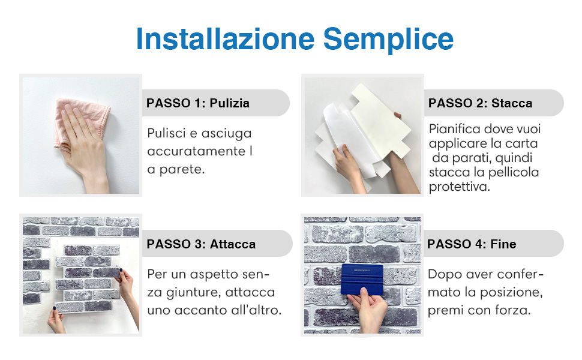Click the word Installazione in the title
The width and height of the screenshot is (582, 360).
pos(226,39)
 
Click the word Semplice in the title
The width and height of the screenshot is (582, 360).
pos(388,39)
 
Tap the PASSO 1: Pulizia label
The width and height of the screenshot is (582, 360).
pos(198,103)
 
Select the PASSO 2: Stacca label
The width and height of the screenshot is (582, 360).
pos(480,103)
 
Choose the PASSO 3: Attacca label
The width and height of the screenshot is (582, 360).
pos(201,244)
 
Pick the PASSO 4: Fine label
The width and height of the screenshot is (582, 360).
pos(472,244)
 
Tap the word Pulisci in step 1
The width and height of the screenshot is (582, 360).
pos(166,133)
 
